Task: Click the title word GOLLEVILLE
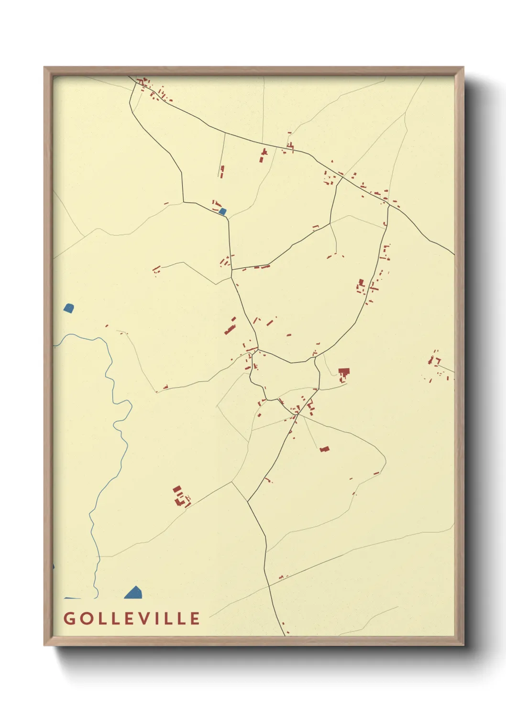(132, 618)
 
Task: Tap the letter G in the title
(69, 618)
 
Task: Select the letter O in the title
(85, 618)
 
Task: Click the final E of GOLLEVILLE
(195, 618)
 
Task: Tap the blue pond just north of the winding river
(69, 308)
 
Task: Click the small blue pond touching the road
(222, 211)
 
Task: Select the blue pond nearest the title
(134, 593)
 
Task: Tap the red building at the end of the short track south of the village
(325, 449)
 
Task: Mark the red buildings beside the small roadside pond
(216, 204)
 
